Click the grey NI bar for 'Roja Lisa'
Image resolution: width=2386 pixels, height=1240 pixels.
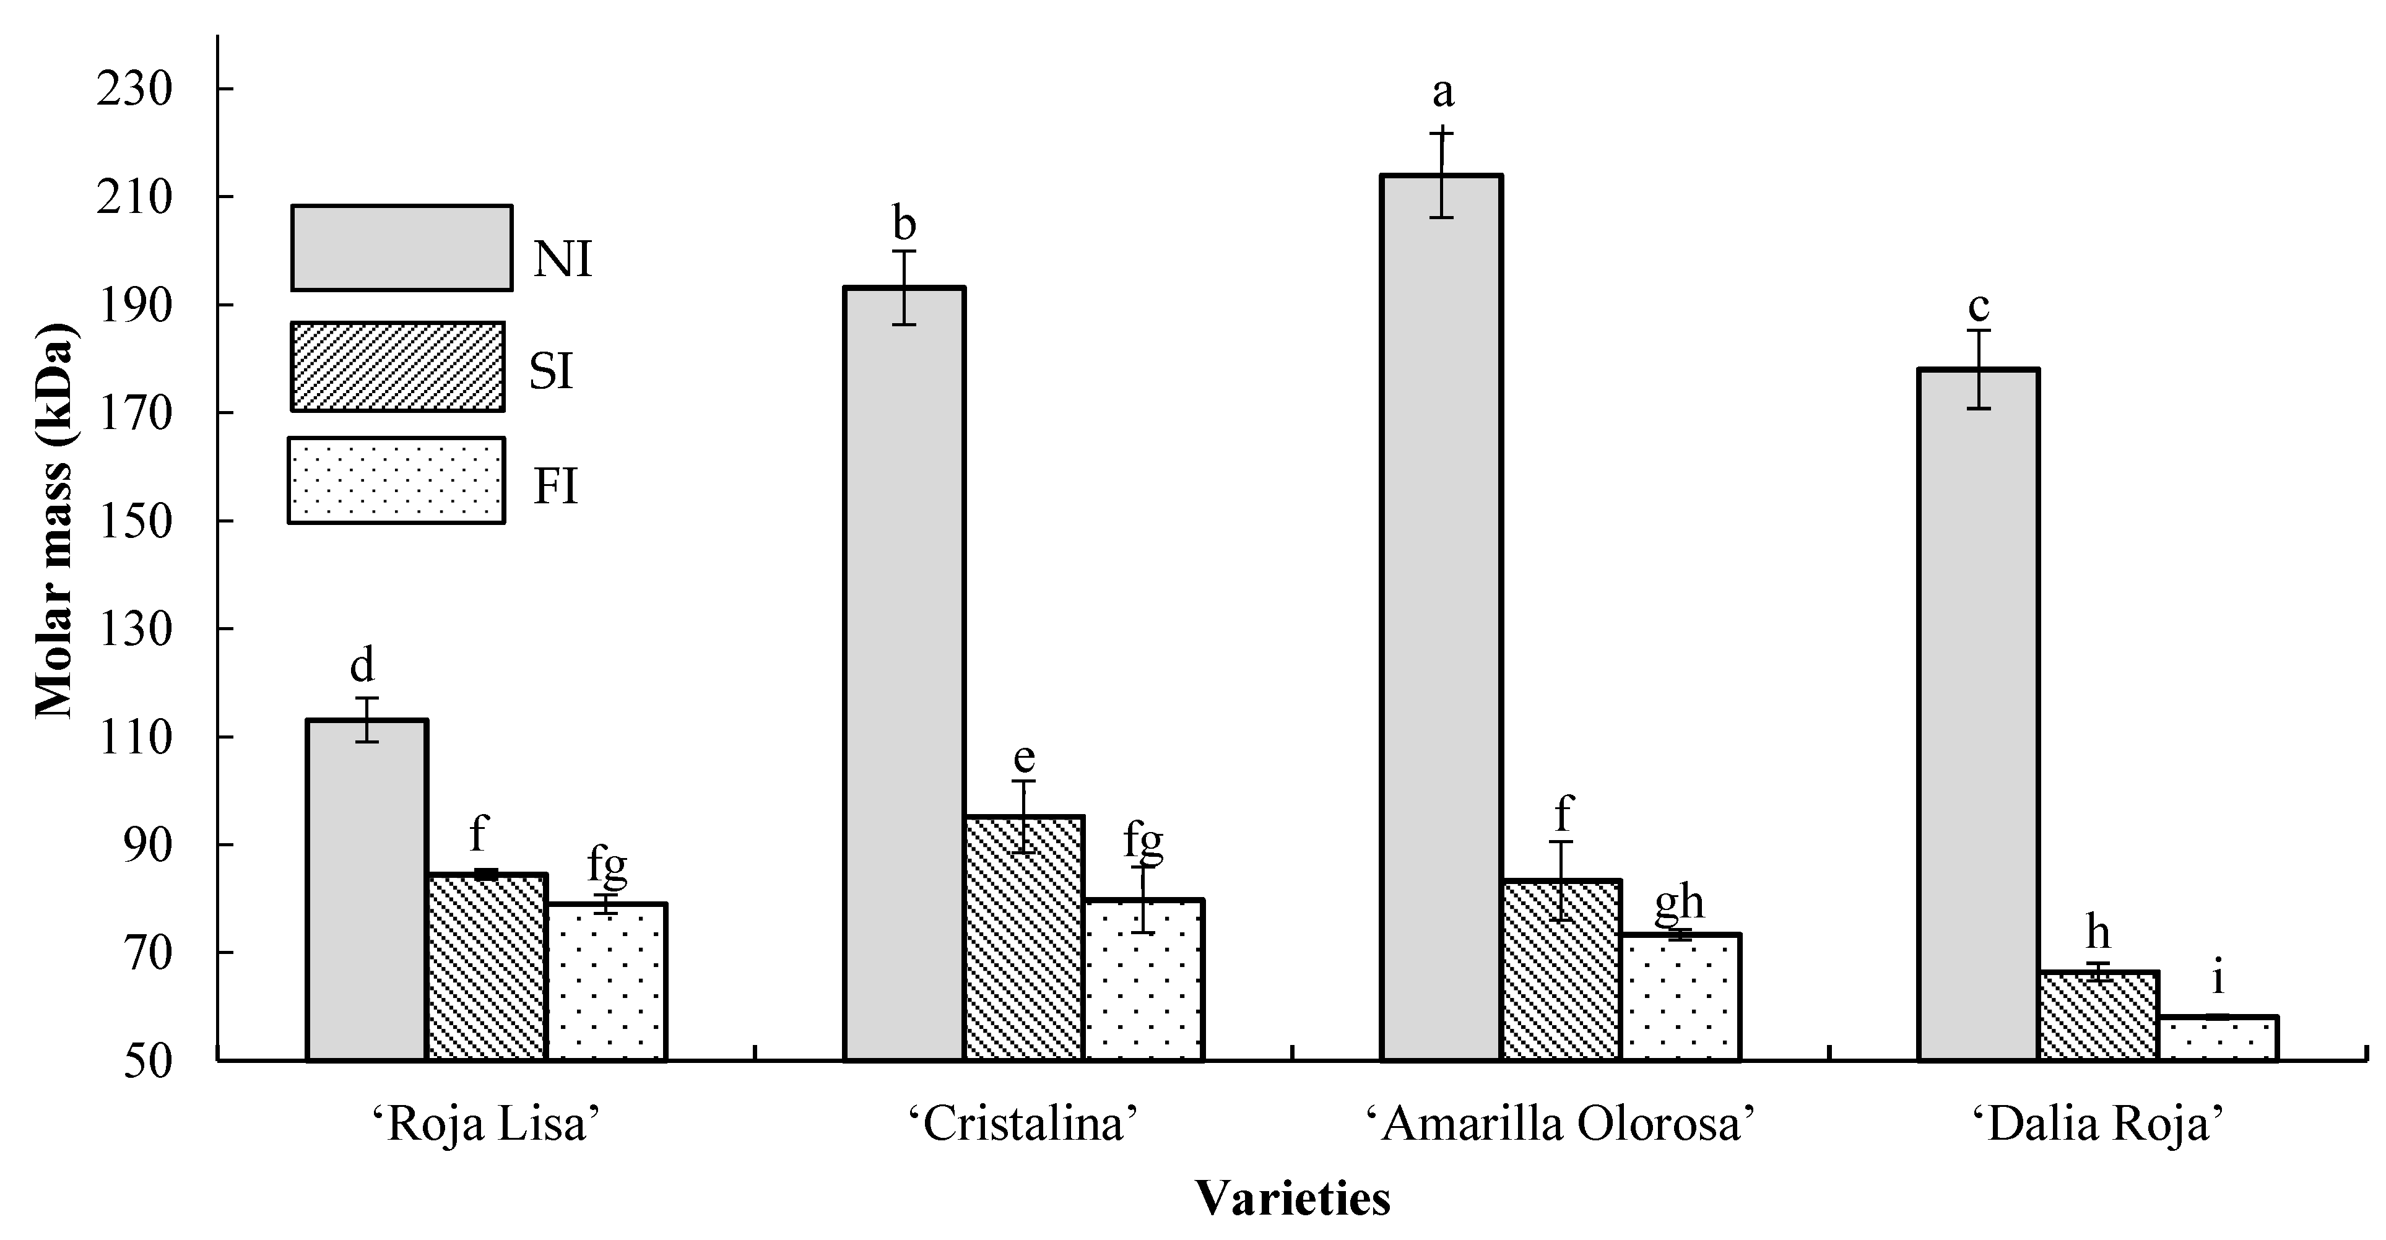(x=367, y=889)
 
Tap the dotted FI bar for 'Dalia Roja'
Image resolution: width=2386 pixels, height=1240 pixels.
(x=2218, y=1038)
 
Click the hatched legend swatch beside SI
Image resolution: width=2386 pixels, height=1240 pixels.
(x=397, y=366)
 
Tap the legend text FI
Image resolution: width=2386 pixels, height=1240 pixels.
(x=556, y=486)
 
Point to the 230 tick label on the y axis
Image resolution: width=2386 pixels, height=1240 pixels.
(x=135, y=90)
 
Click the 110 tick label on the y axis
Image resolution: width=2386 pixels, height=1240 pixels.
(x=135, y=738)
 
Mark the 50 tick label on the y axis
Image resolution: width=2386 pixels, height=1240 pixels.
(x=148, y=1061)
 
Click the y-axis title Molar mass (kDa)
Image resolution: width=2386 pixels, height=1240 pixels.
(x=56, y=521)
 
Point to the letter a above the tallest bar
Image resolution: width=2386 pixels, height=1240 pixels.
(x=1443, y=93)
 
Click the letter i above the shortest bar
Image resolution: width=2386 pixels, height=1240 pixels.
(x=2218, y=979)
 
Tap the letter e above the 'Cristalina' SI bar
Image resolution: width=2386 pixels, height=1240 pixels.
(x=1023, y=758)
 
